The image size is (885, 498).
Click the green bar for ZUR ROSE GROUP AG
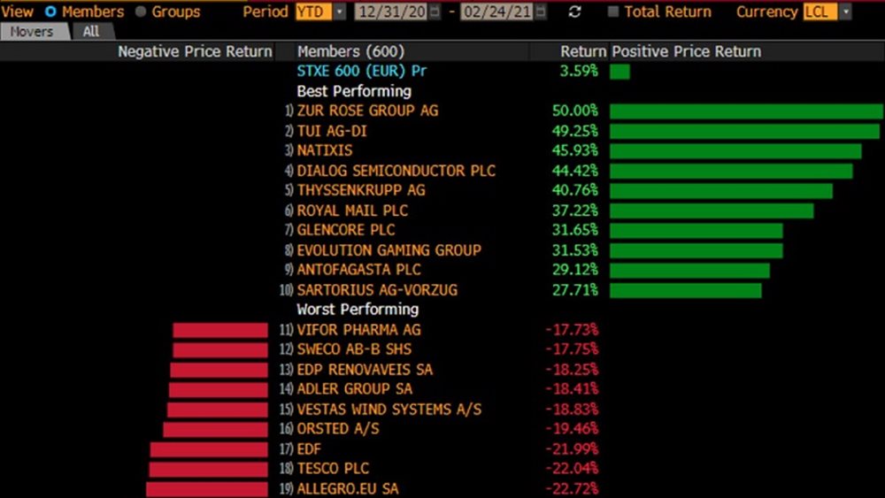pyautogui.click(x=746, y=111)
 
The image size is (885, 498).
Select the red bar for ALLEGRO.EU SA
pyautogui.click(x=207, y=489)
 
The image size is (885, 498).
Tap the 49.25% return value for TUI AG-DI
pyautogui.click(x=574, y=131)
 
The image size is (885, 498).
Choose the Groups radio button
pyautogui.click(x=141, y=11)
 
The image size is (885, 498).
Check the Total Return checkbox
pyautogui.click(x=613, y=11)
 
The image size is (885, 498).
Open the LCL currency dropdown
pyautogui.click(x=827, y=11)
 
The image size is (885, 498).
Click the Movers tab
pyautogui.click(x=33, y=31)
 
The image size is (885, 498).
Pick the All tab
pyautogui.click(x=91, y=31)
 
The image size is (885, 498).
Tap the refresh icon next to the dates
pyautogui.click(x=575, y=11)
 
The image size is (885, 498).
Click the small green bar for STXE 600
pyautogui.click(x=619, y=71)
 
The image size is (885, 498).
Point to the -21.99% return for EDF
pyautogui.click(x=572, y=449)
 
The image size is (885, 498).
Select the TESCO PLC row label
pyautogui.click(x=333, y=469)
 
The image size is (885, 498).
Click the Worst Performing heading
pyautogui.click(x=358, y=310)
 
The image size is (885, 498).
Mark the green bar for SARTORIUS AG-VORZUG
pyautogui.click(x=686, y=290)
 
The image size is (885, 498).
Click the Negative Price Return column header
pyautogui.click(x=195, y=51)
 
